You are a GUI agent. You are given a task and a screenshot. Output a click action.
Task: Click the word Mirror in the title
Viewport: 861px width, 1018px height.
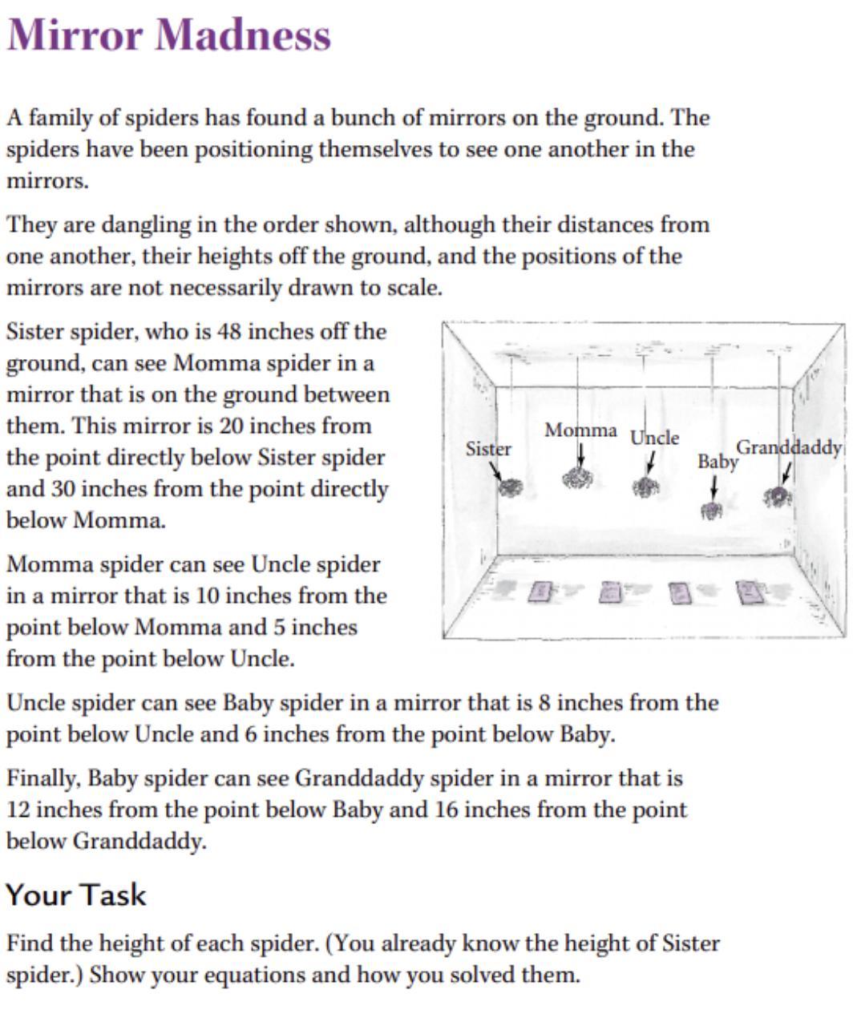(75, 35)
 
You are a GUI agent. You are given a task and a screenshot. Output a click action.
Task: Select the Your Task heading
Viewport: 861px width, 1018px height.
(76, 895)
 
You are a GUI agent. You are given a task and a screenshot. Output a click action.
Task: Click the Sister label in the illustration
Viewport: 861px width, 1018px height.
(488, 449)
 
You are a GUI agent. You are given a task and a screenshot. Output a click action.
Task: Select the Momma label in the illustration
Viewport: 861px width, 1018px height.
(580, 430)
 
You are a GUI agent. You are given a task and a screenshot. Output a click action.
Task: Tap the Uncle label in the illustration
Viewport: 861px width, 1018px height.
(654, 438)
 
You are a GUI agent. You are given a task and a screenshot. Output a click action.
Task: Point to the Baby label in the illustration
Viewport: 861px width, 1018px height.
(717, 462)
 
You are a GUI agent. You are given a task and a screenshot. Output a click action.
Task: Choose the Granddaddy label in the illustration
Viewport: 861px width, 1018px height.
(789, 447)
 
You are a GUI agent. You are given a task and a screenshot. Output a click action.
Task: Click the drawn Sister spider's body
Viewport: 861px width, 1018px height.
(510, 487)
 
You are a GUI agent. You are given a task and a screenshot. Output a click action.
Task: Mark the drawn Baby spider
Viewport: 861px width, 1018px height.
(711, 510)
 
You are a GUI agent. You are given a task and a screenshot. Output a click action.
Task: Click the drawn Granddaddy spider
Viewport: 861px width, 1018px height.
(777, 497)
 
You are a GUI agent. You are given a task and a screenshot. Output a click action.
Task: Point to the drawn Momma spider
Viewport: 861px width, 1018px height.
(577, 479)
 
